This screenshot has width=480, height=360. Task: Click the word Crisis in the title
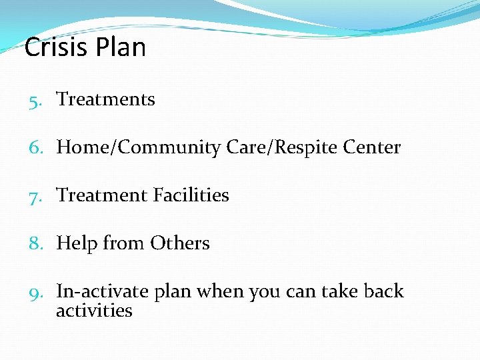click(56, 48)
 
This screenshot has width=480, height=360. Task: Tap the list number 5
click(35, 100)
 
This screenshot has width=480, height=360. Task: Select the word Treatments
click(105, 99)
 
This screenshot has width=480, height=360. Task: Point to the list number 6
click(35, 148)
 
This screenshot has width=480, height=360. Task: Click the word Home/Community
click(138, 148)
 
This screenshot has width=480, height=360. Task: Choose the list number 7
click(35, 196)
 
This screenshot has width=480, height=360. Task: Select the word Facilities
click(191, 195)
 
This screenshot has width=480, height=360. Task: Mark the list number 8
click(35, 244)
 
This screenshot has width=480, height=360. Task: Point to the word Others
click(179, 243)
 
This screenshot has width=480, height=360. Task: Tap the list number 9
click(35, 292)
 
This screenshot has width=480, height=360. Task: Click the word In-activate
click(103, 292)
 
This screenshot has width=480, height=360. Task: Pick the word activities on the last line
click(94, 311)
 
